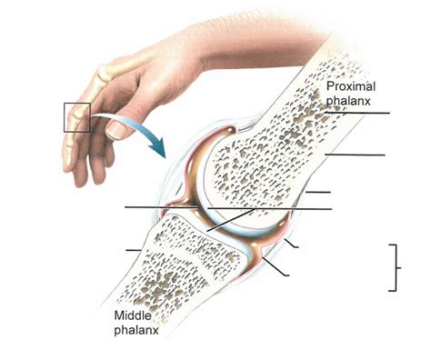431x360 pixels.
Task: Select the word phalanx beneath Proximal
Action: [x=349, y=100]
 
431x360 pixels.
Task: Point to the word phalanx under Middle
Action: [x=136, y=330]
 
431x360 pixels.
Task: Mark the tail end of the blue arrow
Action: [x=93, y=117]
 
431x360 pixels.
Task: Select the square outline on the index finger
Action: [x=76, y=117]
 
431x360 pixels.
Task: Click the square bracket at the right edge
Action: [x=394, y=267]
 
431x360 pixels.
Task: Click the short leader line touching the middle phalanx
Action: [x=134, y=248]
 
